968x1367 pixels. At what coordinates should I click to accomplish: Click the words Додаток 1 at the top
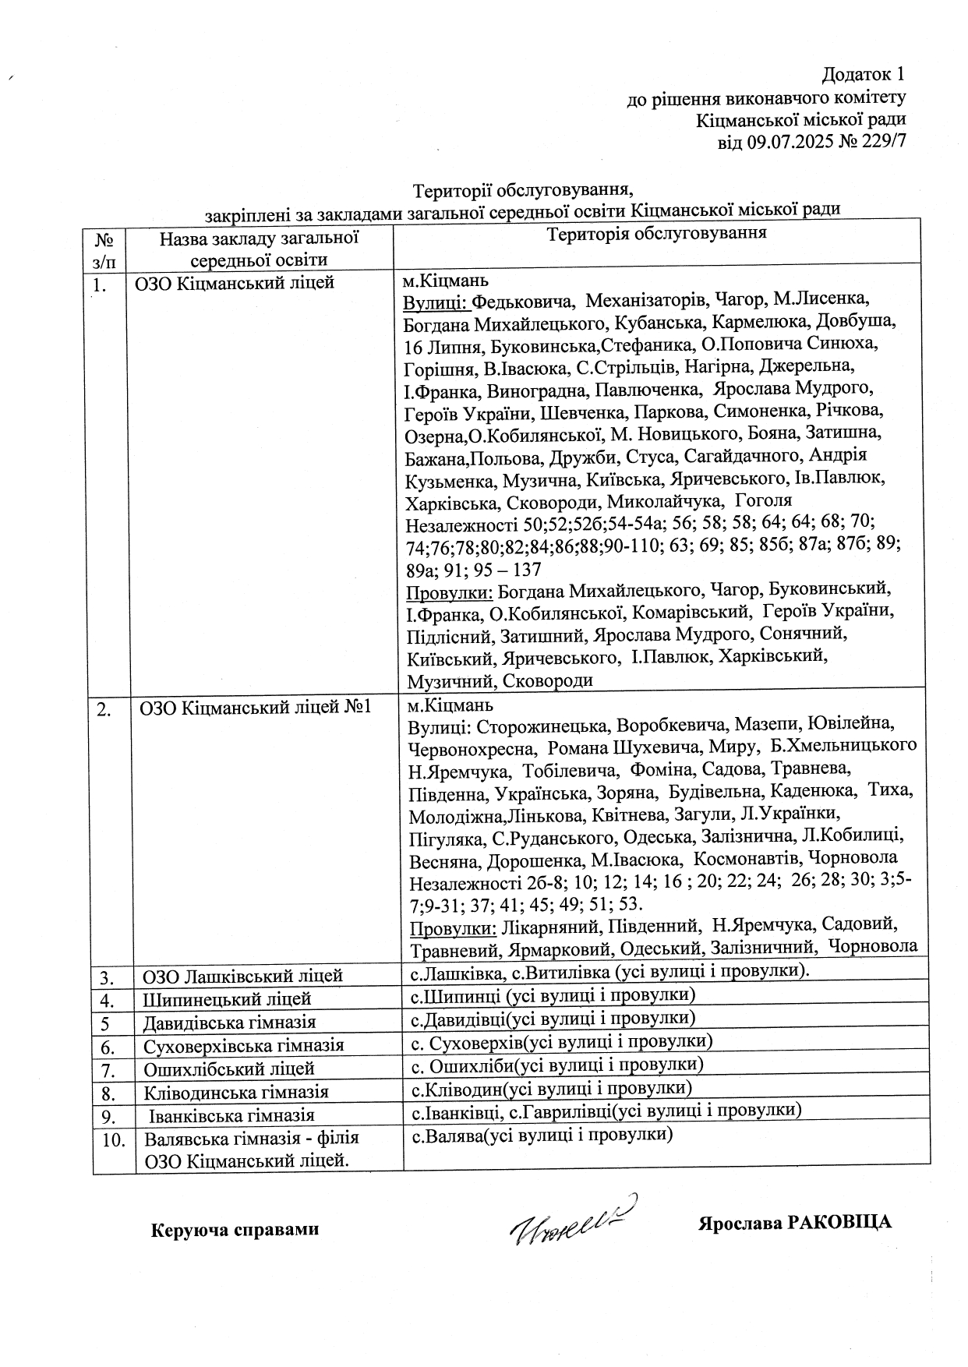pos(864,75)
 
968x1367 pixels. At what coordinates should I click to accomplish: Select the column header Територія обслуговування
pos(657,234)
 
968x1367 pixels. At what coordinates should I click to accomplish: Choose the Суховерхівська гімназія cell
pos(243,1045)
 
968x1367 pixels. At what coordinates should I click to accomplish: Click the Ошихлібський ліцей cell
pos(228,1069)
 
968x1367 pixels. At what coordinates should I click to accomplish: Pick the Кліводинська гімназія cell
pos(235,1092)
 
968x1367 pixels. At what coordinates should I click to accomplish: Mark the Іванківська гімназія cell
pos(231,1115)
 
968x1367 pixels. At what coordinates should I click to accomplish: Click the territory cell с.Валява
pos(541,1135)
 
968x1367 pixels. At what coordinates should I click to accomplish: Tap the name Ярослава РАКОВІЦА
pos(794,1222)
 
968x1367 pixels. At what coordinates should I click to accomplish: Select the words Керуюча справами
pos(235,1230)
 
